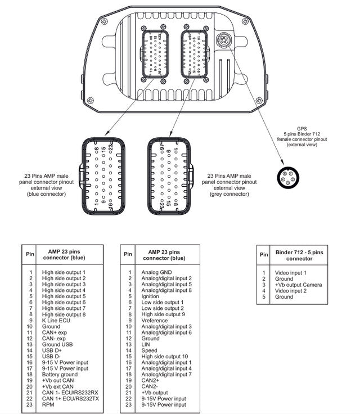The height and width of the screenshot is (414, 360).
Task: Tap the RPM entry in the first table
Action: [49, 405]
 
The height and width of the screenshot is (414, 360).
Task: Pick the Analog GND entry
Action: [157, 272]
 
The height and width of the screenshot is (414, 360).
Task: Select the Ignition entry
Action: [150, 296]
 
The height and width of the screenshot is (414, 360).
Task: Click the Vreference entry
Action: [155, 320]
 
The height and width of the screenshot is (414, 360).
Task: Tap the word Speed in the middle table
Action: [150, 350]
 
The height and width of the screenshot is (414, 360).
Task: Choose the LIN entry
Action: [146, 344]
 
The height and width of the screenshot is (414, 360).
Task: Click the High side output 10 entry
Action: [165, 357]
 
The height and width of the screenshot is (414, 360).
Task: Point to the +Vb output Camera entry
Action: [299, 285]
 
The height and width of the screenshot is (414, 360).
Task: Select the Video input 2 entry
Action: [291, 291]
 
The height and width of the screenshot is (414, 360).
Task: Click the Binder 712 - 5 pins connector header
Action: [299, 255]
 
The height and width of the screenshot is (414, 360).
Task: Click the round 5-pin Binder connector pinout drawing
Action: [287, 177]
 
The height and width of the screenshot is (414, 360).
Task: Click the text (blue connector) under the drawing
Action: [46, 194]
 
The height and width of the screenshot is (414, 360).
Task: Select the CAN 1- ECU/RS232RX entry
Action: [70, 393]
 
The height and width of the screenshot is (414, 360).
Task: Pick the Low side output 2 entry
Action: [163, 308]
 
